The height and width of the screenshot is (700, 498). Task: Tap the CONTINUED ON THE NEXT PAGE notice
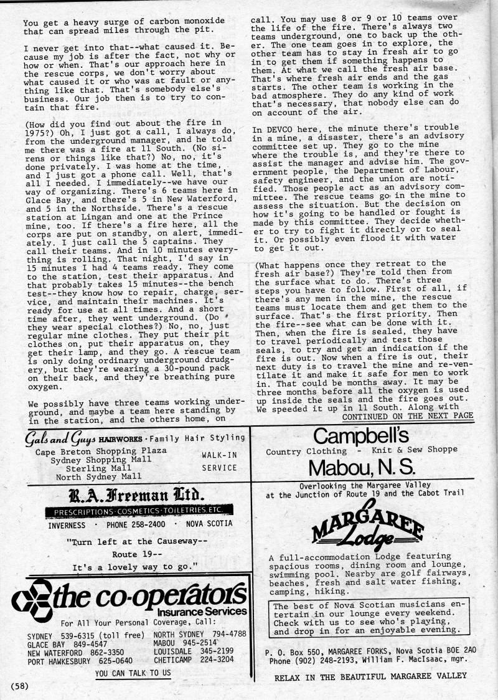tap(408, 416)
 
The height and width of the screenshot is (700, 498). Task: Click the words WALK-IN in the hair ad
tap(218, 455)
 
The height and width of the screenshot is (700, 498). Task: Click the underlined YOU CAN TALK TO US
tap(133, 673)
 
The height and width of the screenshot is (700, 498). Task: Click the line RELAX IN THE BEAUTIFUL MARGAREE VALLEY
tap(370, 676)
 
